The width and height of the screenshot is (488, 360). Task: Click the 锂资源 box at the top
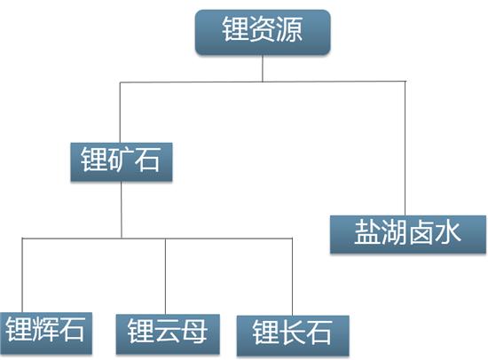click(x=263, y=32)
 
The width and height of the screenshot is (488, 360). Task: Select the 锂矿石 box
click(x=122, y=161)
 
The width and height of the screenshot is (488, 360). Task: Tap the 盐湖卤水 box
click(x=408, y=234)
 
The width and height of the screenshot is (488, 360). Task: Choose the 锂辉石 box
click(x=46, y=333)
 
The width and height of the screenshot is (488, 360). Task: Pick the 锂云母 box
click(x=168, y=334)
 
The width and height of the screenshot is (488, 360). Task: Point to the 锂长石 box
click(x=293, y=335)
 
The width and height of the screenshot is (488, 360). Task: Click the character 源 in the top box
click(x=289, y=29)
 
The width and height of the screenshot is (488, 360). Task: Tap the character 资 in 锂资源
click(x=263, y=29)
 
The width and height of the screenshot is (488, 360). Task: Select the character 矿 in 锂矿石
click(x=121, y=160)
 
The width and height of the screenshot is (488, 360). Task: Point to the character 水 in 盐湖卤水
click(x=447, y=232)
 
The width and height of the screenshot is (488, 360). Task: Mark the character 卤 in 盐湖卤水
click(x=421, y=232)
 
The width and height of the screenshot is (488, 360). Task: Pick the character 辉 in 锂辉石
click(x=45, y=330)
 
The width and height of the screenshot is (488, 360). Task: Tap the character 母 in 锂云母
click(x=194, y=331)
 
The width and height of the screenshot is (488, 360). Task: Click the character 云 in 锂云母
click(x=168, y=331)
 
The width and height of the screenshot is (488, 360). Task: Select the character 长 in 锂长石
click(x=292, y=333)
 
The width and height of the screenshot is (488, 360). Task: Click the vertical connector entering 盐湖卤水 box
click(x=405, y=148)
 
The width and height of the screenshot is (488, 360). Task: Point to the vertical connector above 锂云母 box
click(x=165, y=277)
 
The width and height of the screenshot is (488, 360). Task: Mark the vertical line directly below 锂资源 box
click(x=263, y=68)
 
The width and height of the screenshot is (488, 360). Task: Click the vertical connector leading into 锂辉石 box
click(x=22, y=276)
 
